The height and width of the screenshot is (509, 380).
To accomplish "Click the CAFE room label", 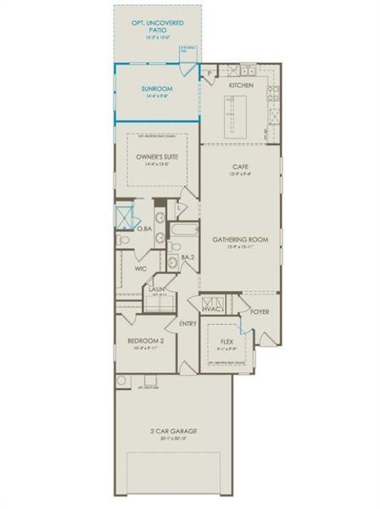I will point(240,166).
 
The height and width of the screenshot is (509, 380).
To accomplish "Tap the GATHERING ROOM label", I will point(240,240).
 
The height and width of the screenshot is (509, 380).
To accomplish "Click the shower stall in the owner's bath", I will point(123,214).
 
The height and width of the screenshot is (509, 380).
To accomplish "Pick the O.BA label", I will point(145,228).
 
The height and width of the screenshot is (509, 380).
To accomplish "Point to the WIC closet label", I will point(141,268).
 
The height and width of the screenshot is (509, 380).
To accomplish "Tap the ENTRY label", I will point(187,324).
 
